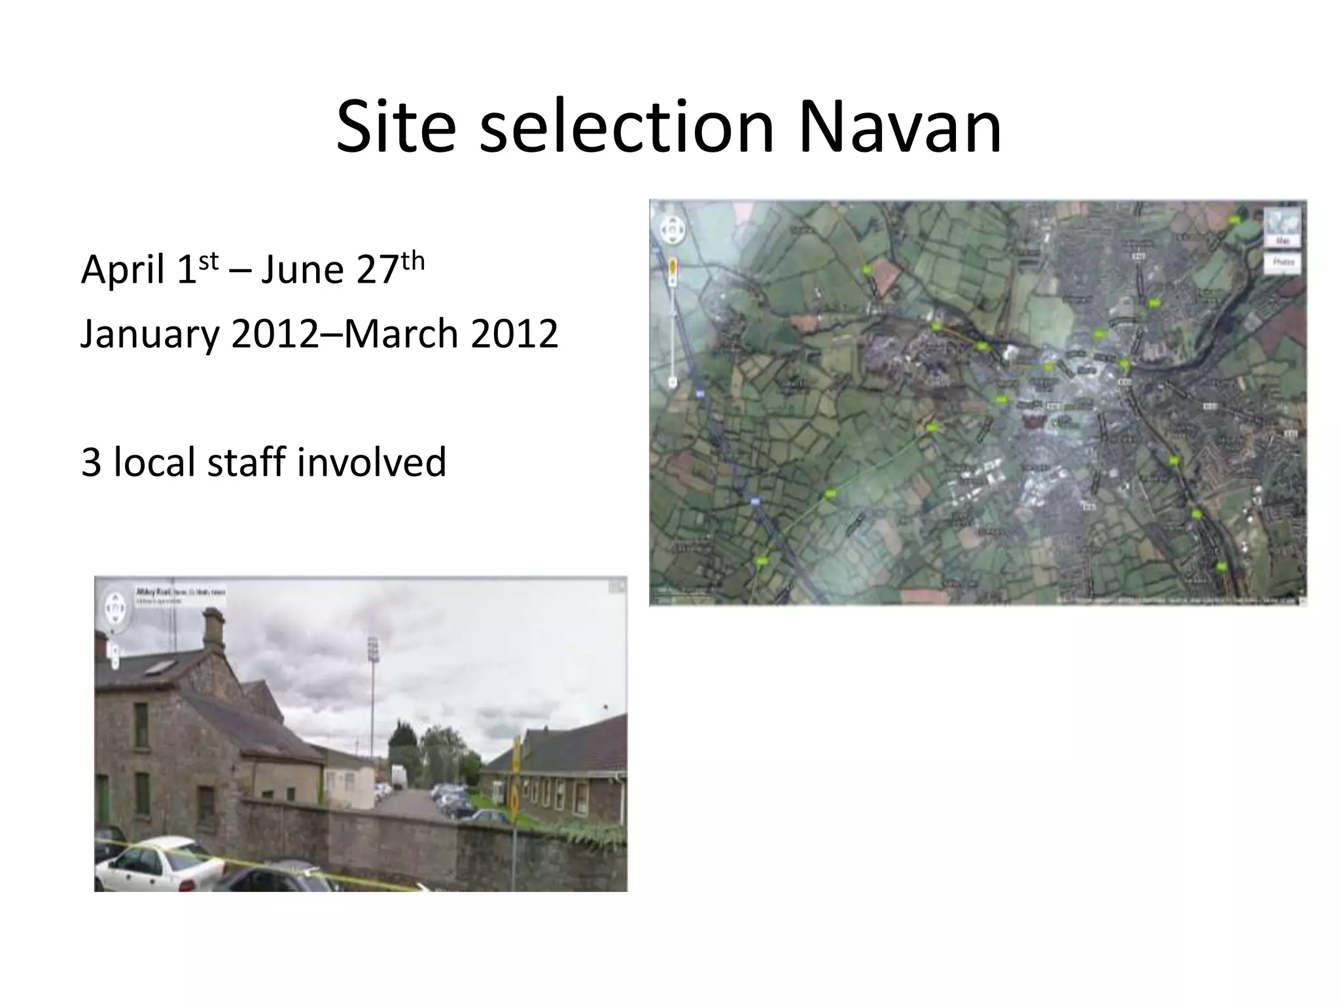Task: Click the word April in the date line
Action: [x=122, y=270]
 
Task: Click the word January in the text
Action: [x=150, y=334]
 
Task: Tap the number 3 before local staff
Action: [x=91, y=462]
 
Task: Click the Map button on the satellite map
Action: [x=1282, y=241]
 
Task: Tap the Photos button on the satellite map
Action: [x=1283, y=262]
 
